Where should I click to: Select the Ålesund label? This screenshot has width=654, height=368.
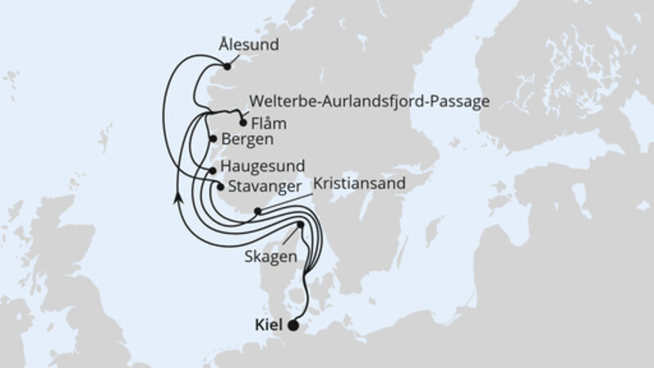click(249, 46)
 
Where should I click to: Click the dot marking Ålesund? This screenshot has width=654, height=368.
click(227, 67)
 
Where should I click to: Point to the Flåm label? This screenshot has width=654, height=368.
click(271, 125)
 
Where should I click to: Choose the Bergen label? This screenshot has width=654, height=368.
click(246, 140)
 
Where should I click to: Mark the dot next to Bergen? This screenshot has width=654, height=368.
click(214, 139)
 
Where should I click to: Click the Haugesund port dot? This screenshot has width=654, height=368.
click(213, 169)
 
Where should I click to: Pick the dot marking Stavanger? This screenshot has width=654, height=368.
click(220, 186)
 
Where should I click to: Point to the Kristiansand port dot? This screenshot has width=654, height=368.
click(258, 211)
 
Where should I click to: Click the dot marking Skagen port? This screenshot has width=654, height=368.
click(300, 225)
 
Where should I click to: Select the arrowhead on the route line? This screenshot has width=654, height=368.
click(177, 197)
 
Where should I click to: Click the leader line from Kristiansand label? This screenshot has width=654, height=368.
click(286, 200)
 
